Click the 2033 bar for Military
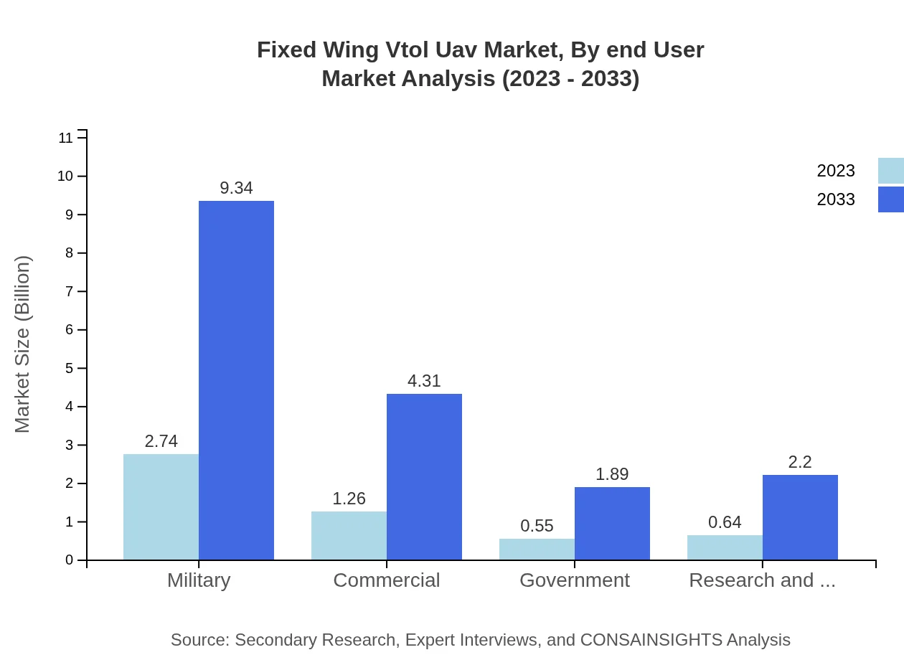click(x=236, y=380)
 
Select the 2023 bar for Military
click(x=161, y=506)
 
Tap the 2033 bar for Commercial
click(x=424, y=476)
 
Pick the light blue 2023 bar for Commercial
click(x=349, y=535)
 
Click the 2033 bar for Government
click(x=612, y=523)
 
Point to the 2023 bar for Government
click(x=537, y=549)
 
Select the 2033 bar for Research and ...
click(x=800, y=517)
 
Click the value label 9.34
click(x=236, y=188)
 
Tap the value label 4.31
click(x=424, y=381)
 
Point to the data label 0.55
click(x=537, y=526)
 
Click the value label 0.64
click(x=725, y=522)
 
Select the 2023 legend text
click(x=836, y=171)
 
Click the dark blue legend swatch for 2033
click(x=890, y=199)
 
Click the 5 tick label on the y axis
click(x=69, y=368)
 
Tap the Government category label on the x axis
click(x=574, y=580)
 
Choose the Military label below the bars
click(x=199, y=580)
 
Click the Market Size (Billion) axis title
click(x=23, y=344)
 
